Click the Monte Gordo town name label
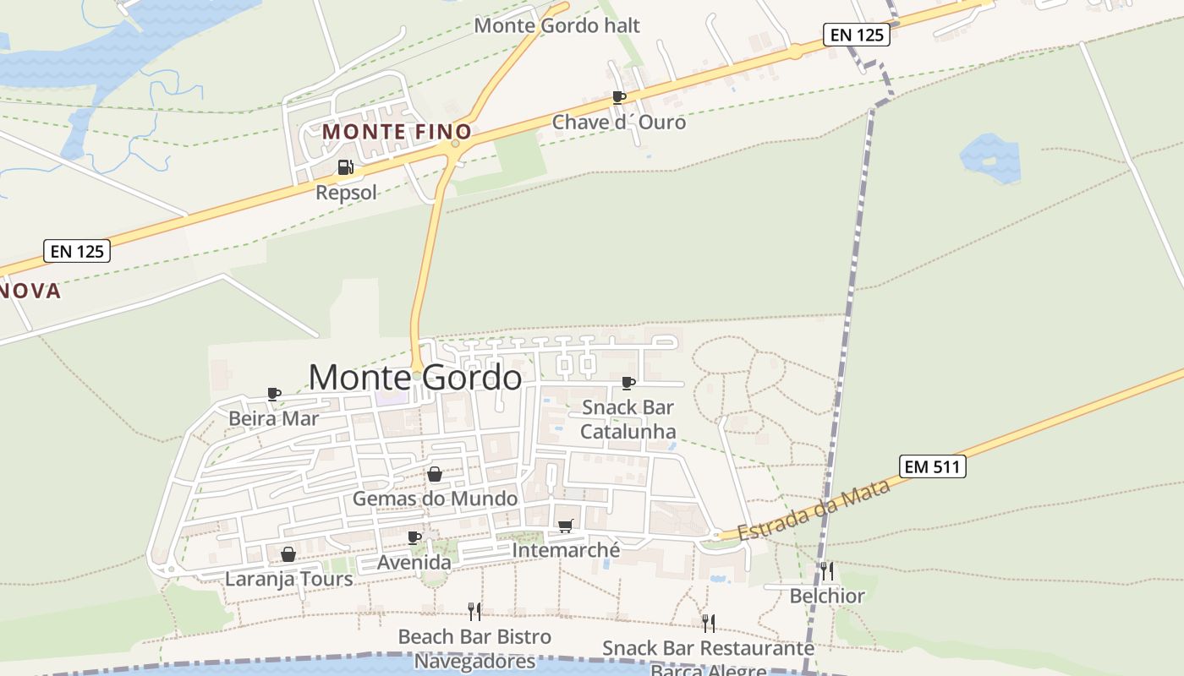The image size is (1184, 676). point(414,378)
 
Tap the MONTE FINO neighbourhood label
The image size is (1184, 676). point(397,133)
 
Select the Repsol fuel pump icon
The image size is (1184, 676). point(345,167)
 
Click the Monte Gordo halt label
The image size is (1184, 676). point(556,25)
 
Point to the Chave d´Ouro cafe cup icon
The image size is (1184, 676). point(619,97)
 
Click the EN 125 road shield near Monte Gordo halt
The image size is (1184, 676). point(855,35)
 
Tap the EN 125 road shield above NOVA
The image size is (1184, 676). point(77,251)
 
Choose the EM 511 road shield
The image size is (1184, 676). point(931,466)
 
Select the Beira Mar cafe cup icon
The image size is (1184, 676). point(274,393)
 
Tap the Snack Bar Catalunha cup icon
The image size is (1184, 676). point(628,383)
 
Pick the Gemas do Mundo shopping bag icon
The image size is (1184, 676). point(435,474)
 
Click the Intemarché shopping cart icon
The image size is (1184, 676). point(566,526)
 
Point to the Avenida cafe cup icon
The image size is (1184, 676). point(414,537)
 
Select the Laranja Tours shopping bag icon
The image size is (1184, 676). point(288,554)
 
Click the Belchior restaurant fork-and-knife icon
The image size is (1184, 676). point(826,571)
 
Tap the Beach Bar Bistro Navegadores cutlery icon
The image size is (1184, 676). point(474,611)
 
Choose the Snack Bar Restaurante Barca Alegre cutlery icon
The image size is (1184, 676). point(708,623)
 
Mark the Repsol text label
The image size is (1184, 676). point(346,193)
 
